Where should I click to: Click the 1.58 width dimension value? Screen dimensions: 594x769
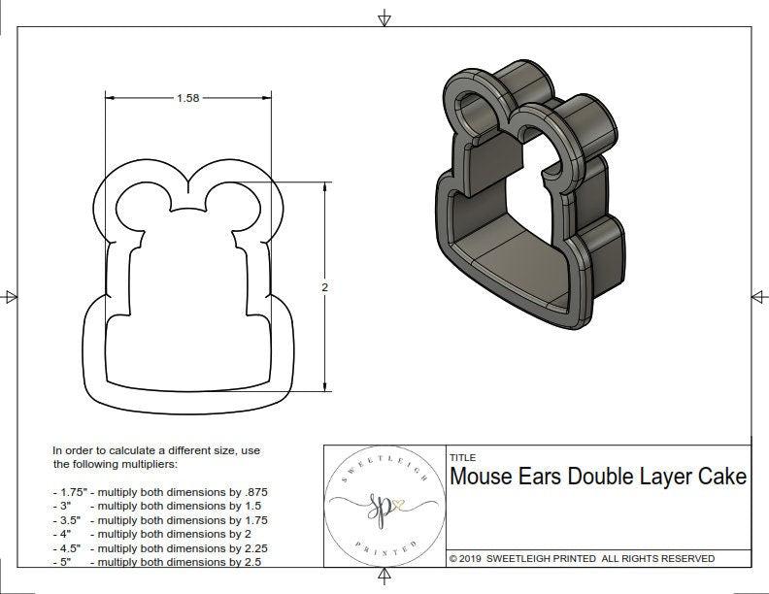[188, 98]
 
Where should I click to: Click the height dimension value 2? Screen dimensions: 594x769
[324, 287]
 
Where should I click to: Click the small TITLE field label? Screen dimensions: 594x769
[462, 457]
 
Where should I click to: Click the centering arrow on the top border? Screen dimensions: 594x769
[385, 18]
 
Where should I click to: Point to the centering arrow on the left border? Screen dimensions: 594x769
[11, 296]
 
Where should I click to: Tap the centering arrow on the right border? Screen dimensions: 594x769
[757, 296]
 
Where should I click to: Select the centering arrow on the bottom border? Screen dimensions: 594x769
[385, 577]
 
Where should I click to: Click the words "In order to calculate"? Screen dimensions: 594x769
[107, 451]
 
